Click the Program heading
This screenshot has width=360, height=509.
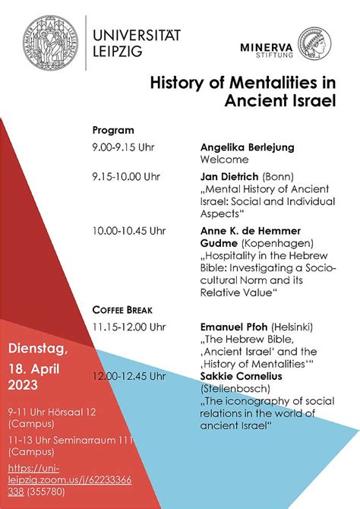[x=113, y=130]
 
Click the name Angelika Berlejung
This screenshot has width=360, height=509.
[x=247, y=147]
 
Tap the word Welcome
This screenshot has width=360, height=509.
[x=224, y=160]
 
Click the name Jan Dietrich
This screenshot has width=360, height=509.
[x=228, y=177]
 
